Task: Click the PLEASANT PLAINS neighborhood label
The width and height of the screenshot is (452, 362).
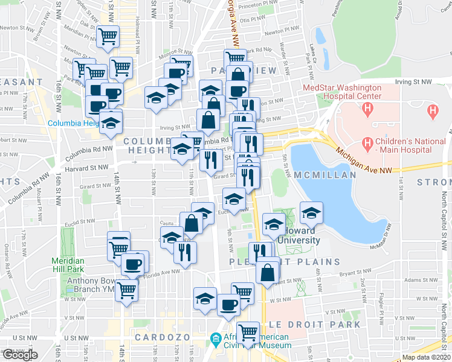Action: tap(285, 262)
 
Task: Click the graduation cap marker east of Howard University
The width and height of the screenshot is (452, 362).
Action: tap(311, 212)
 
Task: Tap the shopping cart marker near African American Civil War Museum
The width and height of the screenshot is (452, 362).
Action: tap(248, 332)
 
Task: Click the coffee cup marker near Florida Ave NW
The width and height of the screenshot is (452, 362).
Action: tap(134, 263)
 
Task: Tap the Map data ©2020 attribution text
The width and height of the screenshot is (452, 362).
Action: tap(426, 357)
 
